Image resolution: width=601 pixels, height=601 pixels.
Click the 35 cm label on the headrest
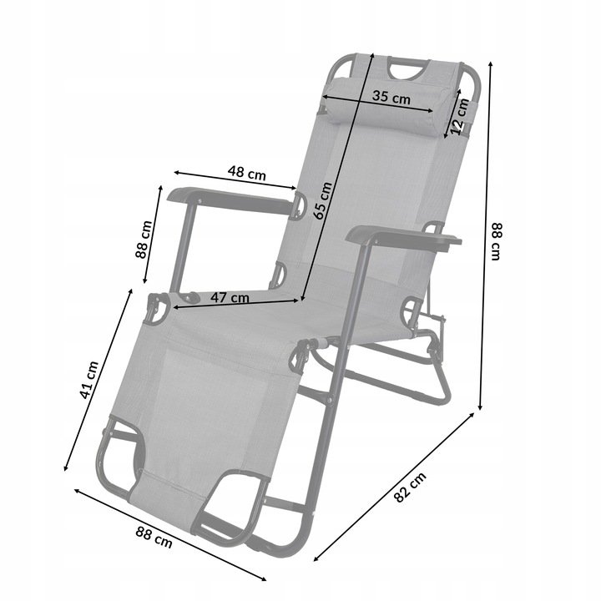pyautogui.click(x=391, y=98)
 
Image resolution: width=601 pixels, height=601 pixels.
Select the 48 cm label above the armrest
pyautogui.click(x=246, y=173)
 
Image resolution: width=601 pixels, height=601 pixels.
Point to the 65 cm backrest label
pyautogui.click(x=322, y=200)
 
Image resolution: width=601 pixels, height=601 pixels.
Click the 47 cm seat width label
pyautogui.click(x=230, y=297)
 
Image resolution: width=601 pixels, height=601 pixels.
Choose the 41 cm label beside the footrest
pyautogui.click(x=89, y=380)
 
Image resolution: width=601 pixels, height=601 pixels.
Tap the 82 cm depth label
pyautogui.click(x=410, y=487)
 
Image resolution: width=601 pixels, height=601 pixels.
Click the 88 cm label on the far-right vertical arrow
pyautogui.click(x=496, y=241)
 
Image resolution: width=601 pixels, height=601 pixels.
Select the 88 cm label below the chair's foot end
pyautogui.click(x=154, y=537)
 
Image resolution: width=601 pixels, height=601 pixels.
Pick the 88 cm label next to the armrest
pyautogui.click(x=144, y=240)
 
